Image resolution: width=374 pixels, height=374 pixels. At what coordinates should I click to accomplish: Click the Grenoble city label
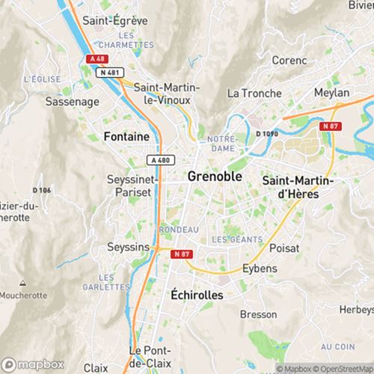click(215, 177)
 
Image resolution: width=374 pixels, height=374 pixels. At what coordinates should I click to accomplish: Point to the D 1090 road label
click(267, 133)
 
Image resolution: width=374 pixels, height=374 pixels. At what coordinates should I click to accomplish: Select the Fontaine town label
click(126, 137)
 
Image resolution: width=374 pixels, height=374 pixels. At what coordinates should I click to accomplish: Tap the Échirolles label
click(197, 295)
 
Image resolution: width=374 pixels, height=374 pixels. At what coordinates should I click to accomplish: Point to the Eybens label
click(260, 268)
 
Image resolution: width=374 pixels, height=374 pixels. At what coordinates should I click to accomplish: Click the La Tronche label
click(254, 93)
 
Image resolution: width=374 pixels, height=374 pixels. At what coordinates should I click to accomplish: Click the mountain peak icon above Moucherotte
click(22, 283)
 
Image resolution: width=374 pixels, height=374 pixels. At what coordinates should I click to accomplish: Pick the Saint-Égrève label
click(114, 20)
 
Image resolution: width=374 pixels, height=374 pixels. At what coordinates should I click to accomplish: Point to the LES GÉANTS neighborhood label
click(236, 239)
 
